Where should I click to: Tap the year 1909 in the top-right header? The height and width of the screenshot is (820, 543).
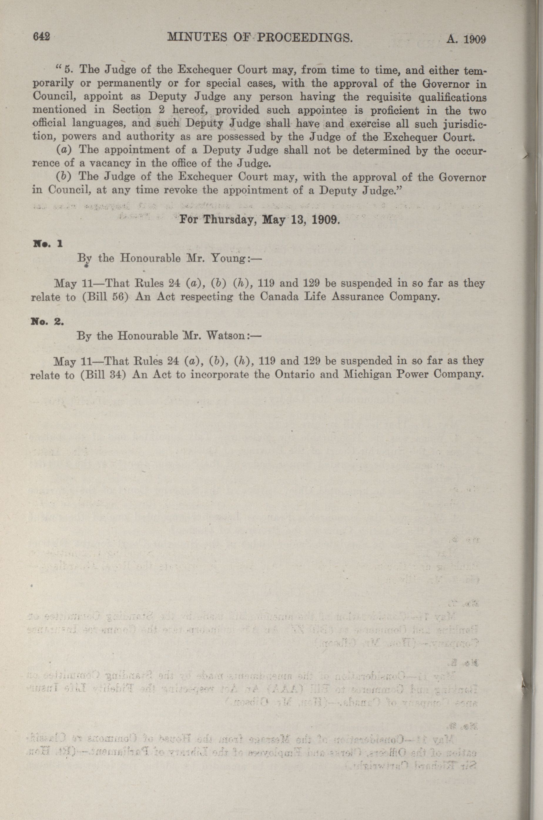pyautogui.click(x=475, y=39)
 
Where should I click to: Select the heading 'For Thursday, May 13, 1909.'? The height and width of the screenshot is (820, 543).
pyautogui.click(x=258, y=220)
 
